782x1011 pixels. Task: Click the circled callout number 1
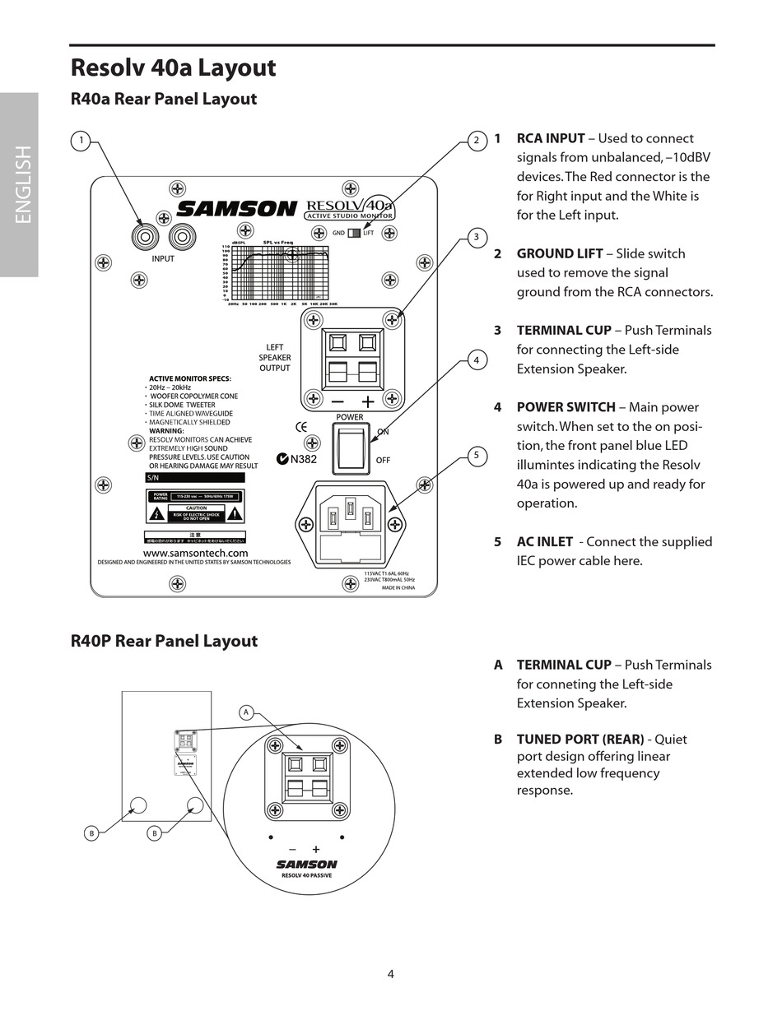[81, 141]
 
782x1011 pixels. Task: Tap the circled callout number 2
[476, 141]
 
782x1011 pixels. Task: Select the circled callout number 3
[476, 239]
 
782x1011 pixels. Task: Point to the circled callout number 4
[476, 359]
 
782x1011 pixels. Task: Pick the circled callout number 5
[476, 456]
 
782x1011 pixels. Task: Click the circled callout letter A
[245, 712]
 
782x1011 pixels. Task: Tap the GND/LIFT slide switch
[354, 233]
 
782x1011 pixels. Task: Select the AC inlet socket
[350, 524]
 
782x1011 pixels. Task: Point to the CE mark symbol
[301, 426]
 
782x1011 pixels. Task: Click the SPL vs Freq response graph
[280, 273]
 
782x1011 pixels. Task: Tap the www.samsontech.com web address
[195, 554]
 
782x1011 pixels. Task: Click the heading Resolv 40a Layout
[173, 67]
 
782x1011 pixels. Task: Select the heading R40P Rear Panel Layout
[164, 641]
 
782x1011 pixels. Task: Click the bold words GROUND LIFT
[560, 253]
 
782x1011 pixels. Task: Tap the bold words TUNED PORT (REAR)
[580, 739]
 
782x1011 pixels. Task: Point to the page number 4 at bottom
[391, 975]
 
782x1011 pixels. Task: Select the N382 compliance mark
[297, 459]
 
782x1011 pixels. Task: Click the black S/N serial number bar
[195, 478]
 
